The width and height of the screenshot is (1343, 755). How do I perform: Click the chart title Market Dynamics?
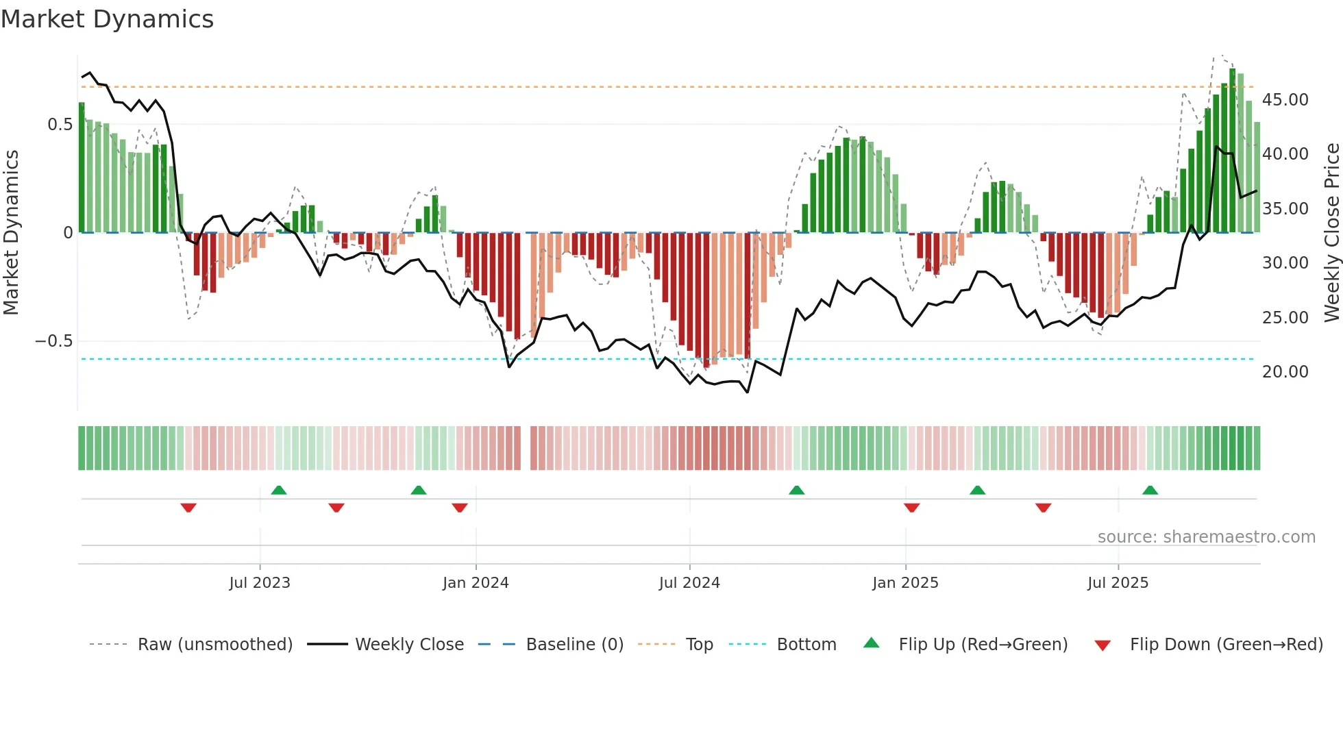click(x=107, y=19)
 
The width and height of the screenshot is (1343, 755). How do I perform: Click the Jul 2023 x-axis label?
click(x=260, y=583)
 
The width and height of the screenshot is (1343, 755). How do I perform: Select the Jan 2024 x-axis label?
click(x=476, y=583)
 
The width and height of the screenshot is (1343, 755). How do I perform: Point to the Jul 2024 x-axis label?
click(x=689, y=583)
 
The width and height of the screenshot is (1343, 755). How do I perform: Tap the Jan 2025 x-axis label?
click(x=905, y=583)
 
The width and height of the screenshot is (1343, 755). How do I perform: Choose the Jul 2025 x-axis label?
click(x=1118, y=583)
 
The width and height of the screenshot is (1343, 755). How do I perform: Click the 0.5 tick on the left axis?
click(x=60, y=125)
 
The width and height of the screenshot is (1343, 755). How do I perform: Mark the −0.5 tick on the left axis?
click(x=54, y=341)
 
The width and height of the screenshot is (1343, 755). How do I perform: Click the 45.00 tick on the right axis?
click(x=1285, y=100)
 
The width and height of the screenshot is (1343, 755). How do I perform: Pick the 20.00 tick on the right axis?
click(x=1285, y=372)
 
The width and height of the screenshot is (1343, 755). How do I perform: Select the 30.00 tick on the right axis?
click(x=1285, y=263)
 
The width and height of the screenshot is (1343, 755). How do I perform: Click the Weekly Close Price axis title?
click(x=1331, y=232)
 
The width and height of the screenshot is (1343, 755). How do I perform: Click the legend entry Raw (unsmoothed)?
click(x=214, y=645)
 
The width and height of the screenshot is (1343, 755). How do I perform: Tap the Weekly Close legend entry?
click(x=409, y=645)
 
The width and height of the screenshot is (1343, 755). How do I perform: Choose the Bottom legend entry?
click(x=806, y=645)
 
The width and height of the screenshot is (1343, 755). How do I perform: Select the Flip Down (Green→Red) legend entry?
click(x=1226, y=645)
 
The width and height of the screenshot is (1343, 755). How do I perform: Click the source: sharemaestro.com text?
click(x=1206, y=537)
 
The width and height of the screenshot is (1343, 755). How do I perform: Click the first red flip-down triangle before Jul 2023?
click(x=188, y=508)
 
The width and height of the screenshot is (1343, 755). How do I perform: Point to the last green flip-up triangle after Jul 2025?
click(x=1150, y=491)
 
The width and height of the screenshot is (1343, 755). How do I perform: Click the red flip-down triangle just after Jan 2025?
click(x=911, y=508)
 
